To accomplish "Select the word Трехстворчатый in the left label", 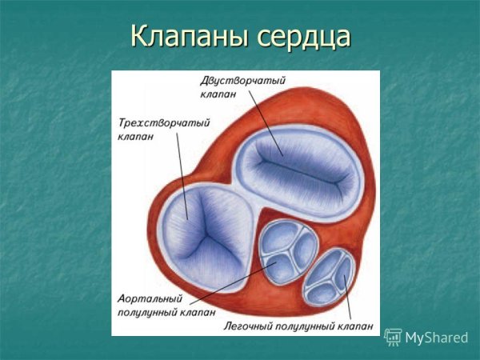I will pos(153,124).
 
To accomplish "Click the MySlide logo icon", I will pos(393,337).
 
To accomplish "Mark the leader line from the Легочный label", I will pos(350,299).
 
